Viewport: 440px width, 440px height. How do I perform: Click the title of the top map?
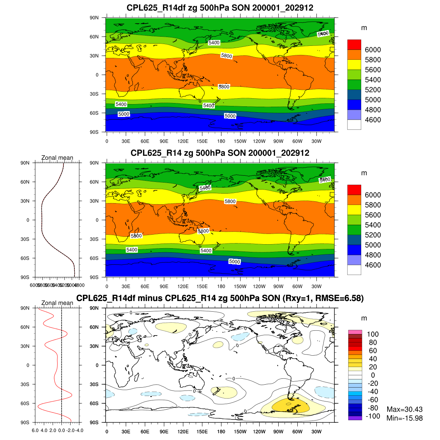coord(220,8)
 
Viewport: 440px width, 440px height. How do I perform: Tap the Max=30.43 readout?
coord(404,410)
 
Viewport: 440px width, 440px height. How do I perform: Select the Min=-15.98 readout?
coord(404,418)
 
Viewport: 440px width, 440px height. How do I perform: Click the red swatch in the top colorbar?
coord(354,44)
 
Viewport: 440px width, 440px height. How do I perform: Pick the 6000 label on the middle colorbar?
coord(373,195)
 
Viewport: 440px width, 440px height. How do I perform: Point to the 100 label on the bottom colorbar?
coord(373,334)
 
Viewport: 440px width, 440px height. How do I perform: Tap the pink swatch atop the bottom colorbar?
coord(355,332)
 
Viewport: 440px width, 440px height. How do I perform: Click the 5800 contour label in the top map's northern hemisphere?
coord(227,56)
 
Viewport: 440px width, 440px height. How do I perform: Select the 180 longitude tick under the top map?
coord(221,141)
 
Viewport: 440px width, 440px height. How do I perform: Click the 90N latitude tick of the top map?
coord(94,18)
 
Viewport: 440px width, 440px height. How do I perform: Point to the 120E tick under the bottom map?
coord(183,432)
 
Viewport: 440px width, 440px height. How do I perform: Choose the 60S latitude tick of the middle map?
coord(94,258)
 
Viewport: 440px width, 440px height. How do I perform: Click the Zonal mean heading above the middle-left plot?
coord(57,158)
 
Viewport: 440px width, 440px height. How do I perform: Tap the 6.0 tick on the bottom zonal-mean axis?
coord(35,430)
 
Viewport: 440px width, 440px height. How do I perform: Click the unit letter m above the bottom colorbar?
coord(364,318)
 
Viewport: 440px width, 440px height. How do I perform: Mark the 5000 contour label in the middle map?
coord(234,261)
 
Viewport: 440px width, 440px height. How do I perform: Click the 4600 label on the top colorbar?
coord(373,120)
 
